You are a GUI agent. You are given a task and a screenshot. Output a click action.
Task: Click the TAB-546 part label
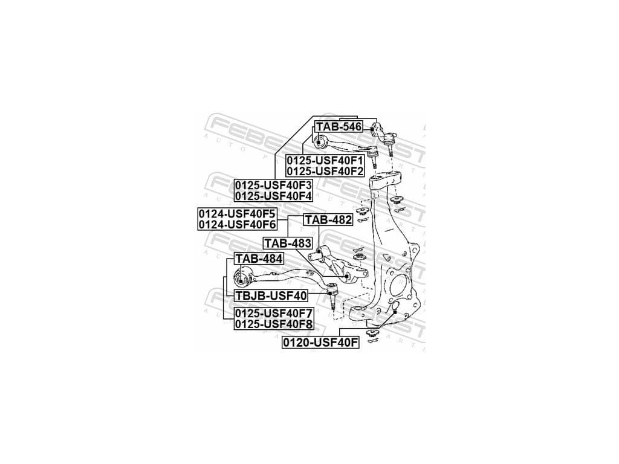[x=339, y=127]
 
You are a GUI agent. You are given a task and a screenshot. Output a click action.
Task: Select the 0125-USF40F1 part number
[x=325, y=161]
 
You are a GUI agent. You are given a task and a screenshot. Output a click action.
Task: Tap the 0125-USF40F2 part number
[x=325, y=172]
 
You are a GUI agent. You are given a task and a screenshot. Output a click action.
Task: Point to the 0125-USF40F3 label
[x=273, y=185]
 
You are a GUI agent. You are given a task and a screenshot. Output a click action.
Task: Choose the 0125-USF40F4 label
[x=273, y=196]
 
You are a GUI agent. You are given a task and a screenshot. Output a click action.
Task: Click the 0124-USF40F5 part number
[x=237, y=214]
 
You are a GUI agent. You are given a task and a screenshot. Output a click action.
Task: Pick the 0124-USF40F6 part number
[x=237, y=225]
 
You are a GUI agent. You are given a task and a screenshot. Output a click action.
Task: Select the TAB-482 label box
[x=328, y=220]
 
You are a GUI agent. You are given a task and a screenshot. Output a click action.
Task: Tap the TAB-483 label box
[x=288, y=243]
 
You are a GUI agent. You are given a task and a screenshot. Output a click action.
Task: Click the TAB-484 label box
[x=259, y=259]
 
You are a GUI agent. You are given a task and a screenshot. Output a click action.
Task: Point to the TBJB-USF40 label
[x=270, y=295]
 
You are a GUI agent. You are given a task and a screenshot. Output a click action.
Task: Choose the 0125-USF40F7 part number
[x=273, y=314]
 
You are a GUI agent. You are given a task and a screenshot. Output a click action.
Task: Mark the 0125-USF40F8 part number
[x=273, y=324]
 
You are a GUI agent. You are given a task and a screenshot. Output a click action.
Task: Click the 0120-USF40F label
[x=320, y=343]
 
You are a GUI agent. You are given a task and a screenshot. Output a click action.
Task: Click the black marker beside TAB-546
[x=372, y=129]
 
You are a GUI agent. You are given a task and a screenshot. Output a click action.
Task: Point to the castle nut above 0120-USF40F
[x=372, y=333]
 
